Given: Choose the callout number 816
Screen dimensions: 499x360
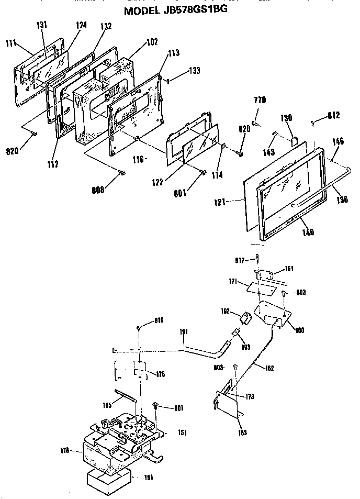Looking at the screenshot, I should click(x=161, y=320).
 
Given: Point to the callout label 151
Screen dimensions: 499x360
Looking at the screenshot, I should click(x=182, y=433).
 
